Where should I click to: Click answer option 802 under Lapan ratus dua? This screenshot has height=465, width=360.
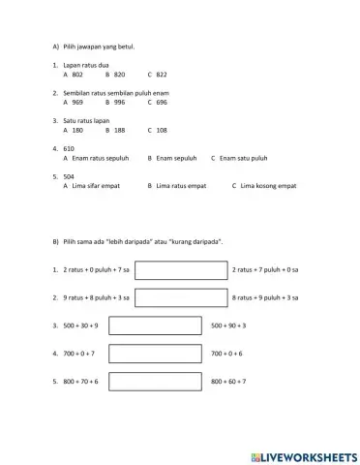(x=77, y=74)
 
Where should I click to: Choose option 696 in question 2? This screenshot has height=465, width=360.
(x=161, y=101)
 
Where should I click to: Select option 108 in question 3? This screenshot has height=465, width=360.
(x=161, y=129)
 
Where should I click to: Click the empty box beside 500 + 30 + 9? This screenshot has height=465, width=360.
(x=154, y=325)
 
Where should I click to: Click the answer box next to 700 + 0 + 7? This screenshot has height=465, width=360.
(x=154, y=354)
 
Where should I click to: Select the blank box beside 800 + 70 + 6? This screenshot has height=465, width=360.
(x=154, y=382)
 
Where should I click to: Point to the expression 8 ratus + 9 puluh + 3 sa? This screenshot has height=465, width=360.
(x=265, y=297)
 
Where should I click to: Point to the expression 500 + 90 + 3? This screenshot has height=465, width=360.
(x=228, y=325)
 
